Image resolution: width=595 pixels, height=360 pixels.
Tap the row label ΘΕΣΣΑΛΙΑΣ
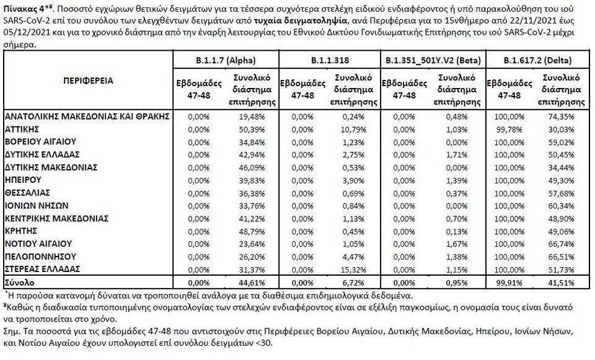[x=27, y=192]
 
